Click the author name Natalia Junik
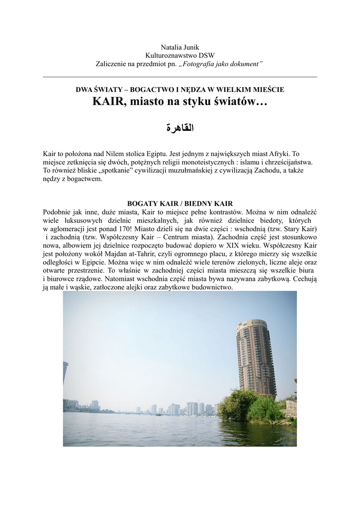180,47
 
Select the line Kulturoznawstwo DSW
180,55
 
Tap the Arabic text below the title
180,128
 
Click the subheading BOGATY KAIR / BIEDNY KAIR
180,204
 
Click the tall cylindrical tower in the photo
256,358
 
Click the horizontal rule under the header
180,77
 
